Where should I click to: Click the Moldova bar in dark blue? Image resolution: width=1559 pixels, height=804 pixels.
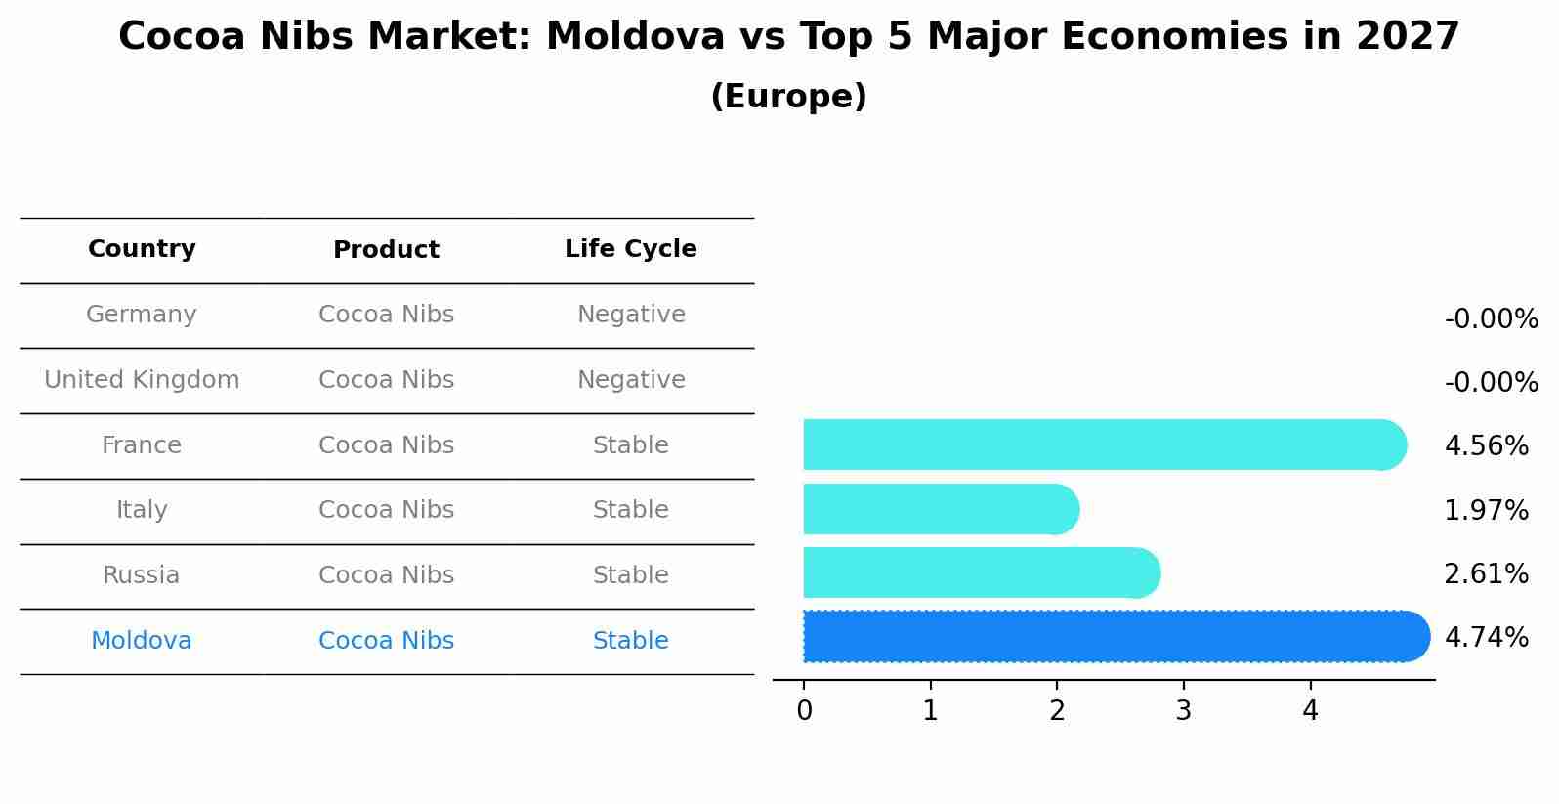pyautogui.click(x=1114, y=636)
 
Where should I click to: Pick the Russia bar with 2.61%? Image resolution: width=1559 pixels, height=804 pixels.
pyautogui.click(x=980, y=572)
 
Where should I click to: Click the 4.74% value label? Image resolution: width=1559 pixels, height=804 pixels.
pyautogui.click(x=1486, y=638)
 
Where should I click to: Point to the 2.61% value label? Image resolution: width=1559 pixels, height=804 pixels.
pyautogui.click(x=1486, y=574)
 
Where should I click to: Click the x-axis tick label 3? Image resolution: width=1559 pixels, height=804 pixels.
pyautogui.click(x=1183, y=711)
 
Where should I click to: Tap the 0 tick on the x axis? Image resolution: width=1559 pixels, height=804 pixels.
pyautogui.click(x=804, y=711)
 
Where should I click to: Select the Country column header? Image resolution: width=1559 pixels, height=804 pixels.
pyautogui.click(x=142, y=249)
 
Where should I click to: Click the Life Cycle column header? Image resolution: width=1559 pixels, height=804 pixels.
pyautogui.click(x=631, y=249)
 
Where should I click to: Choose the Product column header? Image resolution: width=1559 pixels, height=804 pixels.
pyautogui.click(x=386, y=250)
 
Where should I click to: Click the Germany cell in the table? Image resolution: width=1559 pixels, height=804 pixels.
pyautogui.click(x=142, y=315)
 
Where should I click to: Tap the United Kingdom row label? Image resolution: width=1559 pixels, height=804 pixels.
pyautogui.click(x=142, y=380)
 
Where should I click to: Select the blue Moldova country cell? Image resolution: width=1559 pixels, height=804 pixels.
pyautogui.click(x=142, y=641)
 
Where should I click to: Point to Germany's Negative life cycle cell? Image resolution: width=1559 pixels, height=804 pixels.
pyautogui.click(x=631, y=315)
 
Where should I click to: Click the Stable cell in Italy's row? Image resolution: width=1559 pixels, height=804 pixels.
pyautogui.click(x=631, y=510)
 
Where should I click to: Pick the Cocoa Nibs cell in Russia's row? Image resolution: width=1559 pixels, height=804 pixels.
pyautogui.click(x=386, y=575)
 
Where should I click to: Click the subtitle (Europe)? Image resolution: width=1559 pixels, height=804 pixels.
pyautogui.click(x=788, y=97)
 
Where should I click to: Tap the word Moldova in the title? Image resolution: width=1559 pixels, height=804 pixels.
pyautogui.click(x=635, y=37)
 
